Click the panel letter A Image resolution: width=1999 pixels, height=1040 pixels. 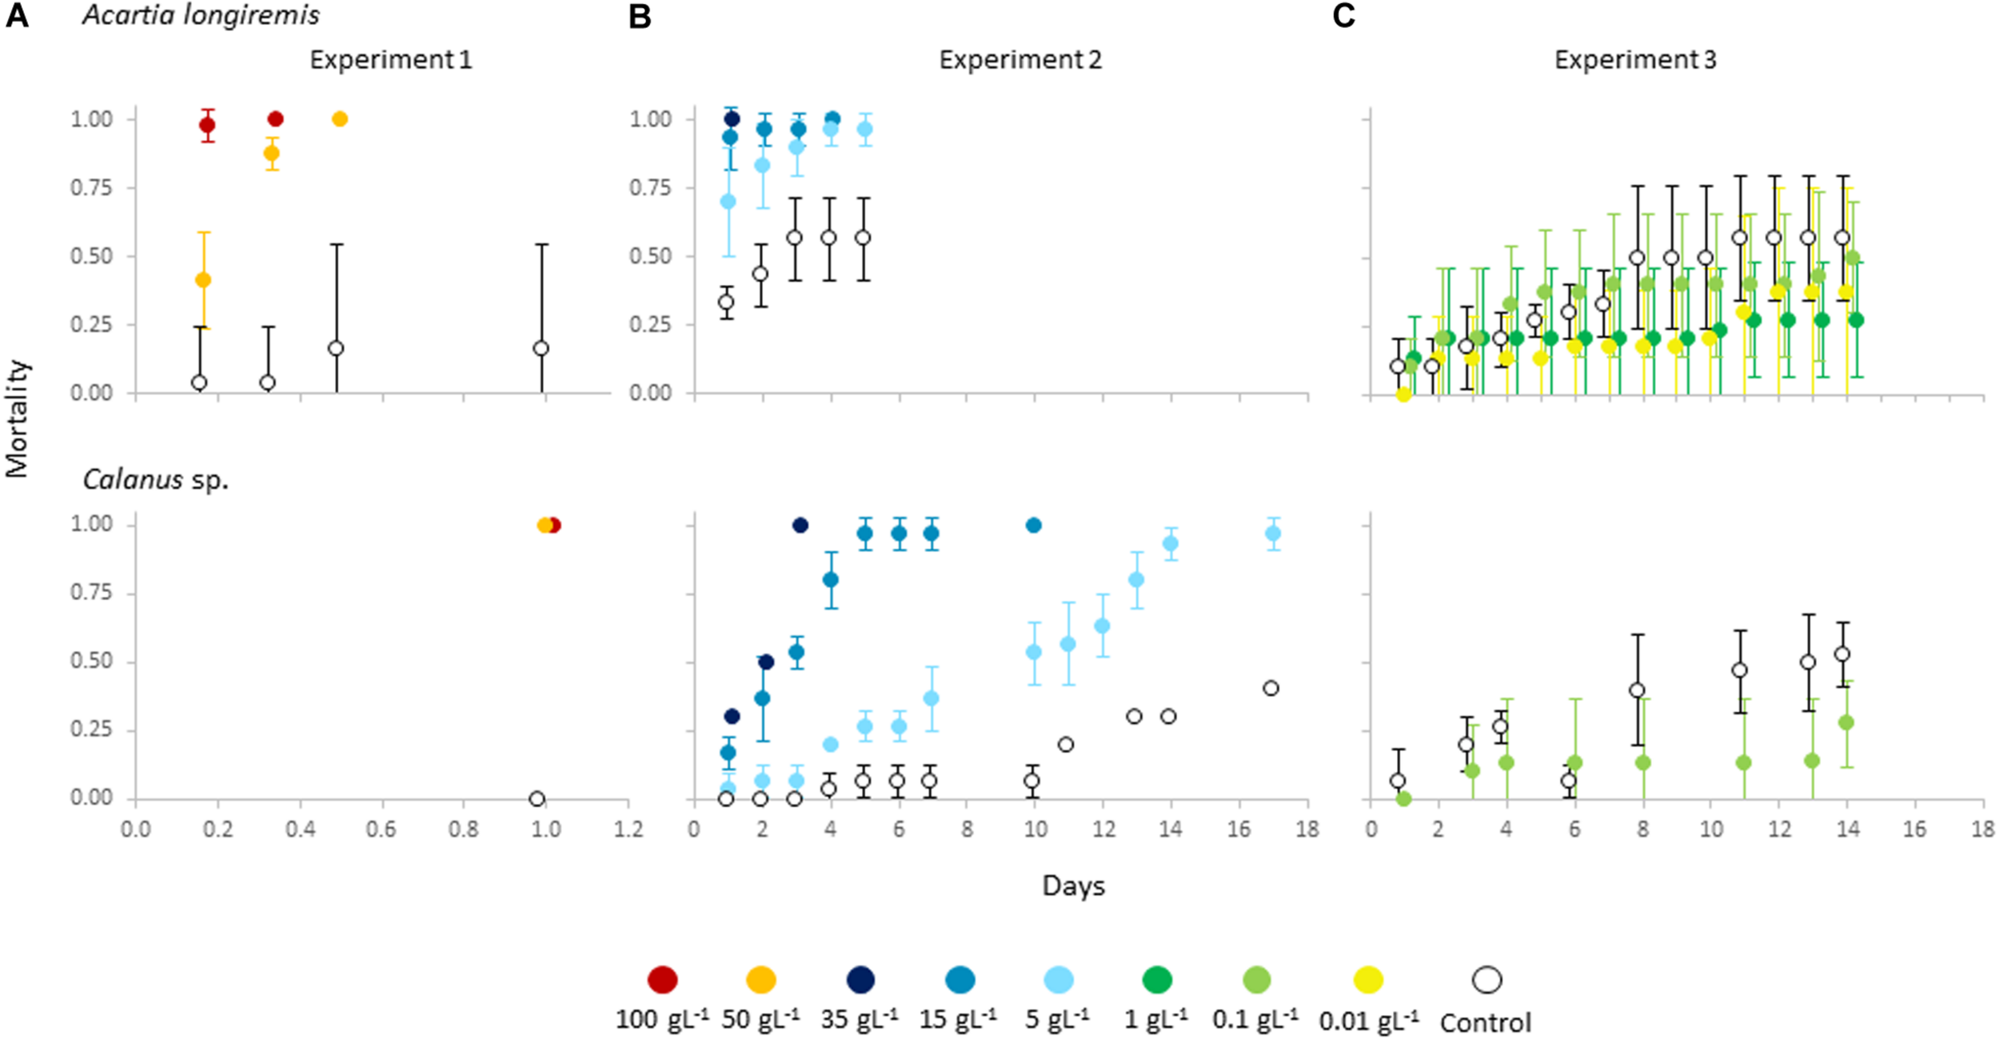(17, 16)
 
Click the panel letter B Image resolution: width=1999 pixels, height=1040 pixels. (640, 16)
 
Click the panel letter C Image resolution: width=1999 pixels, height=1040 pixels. (1343, 16)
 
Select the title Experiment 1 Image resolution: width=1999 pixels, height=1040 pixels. (391, 60)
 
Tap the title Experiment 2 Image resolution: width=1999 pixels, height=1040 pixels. (1020, 60)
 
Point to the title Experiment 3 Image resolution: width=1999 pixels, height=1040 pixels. (1635, 60)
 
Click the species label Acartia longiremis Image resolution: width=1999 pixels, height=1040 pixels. (201, 15)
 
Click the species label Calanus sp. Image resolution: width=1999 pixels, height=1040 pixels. (156, 480)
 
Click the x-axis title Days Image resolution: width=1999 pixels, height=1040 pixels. (1073, 886)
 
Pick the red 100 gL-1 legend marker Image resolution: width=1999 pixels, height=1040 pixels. (662, 979)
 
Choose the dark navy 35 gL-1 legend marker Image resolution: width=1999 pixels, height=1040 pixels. (860, 979)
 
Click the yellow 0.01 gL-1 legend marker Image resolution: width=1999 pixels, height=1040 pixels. (1368, 979)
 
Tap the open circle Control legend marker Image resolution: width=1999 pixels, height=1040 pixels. (1486, 979)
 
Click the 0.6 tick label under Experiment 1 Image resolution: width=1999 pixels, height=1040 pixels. (381, 829)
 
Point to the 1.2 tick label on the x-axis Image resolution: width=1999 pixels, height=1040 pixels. (628, 829)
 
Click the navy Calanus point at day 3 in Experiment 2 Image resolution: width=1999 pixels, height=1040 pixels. (800, 525)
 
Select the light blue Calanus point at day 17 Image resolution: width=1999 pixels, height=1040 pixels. (1273, 534)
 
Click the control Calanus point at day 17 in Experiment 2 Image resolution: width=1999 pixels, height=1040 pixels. (1271, 688)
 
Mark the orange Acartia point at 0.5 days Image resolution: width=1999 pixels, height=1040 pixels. (340, 119)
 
